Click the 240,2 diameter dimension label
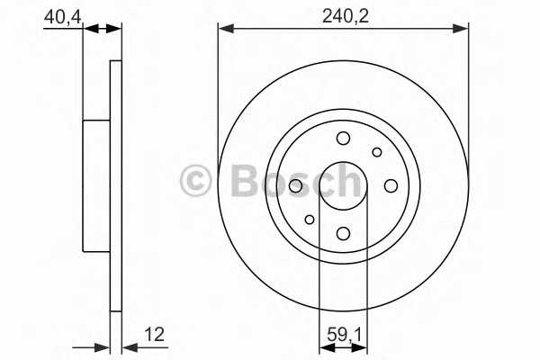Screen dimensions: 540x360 click(x=345, y=16)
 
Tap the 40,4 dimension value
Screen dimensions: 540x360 click(x=62, y=16)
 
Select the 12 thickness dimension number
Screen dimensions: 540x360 click(x=154, y=335)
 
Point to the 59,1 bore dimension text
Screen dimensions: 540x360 click(x=345, y=335)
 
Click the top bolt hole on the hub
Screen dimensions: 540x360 click(x=343, y=139)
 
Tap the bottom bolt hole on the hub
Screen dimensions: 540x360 click(x=344, y=233)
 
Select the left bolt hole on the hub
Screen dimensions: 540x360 click(x=295, y=186)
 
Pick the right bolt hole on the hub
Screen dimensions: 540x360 click(x=391, y=186)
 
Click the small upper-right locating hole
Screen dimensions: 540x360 click(x=377, y=152)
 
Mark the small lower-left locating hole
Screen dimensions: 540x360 click(x=310, y=220)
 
